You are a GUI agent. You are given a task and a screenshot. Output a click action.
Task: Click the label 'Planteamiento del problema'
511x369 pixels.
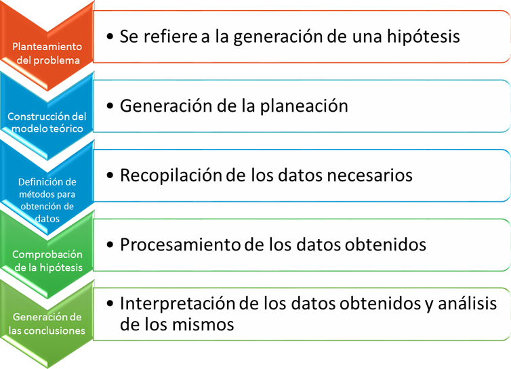pos(47,53)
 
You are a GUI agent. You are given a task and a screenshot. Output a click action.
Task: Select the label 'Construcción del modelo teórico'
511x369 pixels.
pos(47,123)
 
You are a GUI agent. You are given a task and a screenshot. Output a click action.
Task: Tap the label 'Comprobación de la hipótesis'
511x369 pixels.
pos(47,261)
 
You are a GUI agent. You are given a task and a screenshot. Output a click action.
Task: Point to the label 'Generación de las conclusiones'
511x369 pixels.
pos(47,324)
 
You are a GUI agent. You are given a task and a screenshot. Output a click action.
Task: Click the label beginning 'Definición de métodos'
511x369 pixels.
pos(47,200)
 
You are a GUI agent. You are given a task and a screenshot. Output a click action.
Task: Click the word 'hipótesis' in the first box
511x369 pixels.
pos(424,37)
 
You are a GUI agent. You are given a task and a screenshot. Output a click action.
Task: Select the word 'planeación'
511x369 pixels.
pos(304,106)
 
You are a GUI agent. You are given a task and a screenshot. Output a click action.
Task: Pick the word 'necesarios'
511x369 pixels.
pos(369,175)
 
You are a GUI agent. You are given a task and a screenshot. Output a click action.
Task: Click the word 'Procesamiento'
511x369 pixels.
pos(180,244)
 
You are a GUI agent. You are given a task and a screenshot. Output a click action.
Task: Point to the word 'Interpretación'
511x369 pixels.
pos(178,303)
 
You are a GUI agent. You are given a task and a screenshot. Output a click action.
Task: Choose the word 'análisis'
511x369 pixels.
pos(468,303)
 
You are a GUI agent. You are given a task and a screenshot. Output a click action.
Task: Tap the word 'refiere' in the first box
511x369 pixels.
pos(170,36)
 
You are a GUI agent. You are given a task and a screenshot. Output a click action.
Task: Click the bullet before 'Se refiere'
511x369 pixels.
pos(110,36)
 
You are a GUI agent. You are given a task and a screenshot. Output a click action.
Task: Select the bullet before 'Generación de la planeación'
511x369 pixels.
pos(110,106)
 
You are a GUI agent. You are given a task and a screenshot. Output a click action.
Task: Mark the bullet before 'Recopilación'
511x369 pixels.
pos(110,175)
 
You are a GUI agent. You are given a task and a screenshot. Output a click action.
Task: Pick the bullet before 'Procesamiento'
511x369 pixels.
pos(110,244)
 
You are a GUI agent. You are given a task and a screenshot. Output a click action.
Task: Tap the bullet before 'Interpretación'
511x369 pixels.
pos(110,303)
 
